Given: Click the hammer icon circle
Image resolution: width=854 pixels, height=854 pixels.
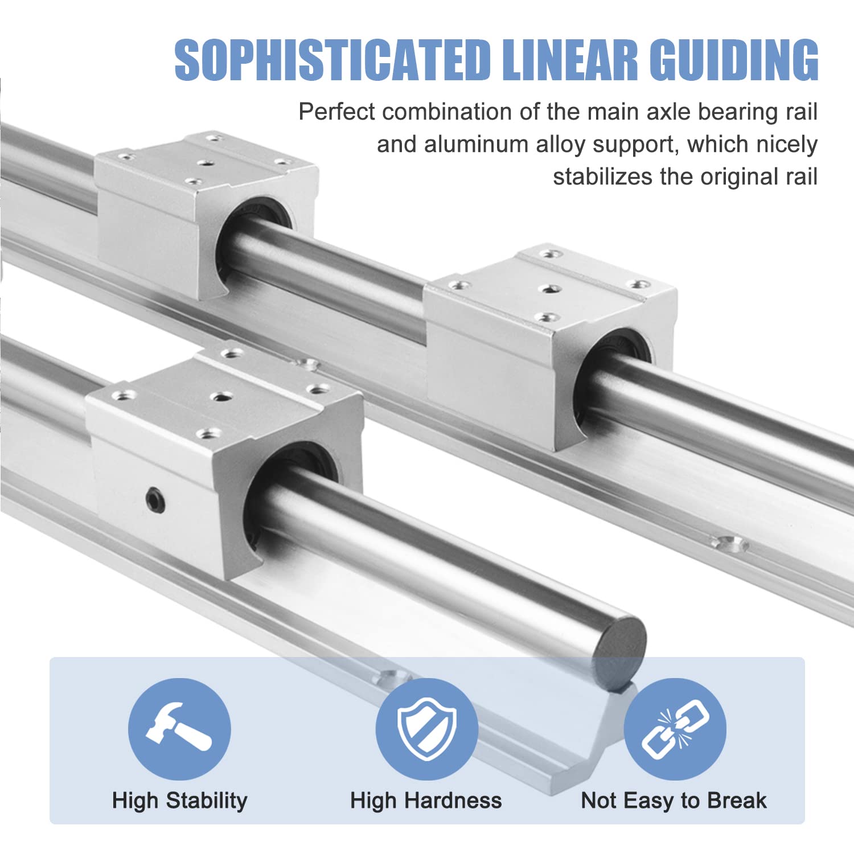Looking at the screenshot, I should pyautogui.click(x=179, y=729).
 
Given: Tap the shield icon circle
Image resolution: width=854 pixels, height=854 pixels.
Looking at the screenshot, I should pyautogui.click(x=426, y=729).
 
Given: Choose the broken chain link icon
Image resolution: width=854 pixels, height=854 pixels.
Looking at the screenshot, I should pyautogui.click(x=675, y=729).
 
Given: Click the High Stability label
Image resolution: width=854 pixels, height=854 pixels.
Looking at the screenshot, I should pyautogui.click(x=179, y=800).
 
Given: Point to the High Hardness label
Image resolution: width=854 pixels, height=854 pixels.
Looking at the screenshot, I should pyautogui.click(x=426, y=800).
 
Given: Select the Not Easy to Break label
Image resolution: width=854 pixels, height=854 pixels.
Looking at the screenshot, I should pyautogui.click(x=674, y=800).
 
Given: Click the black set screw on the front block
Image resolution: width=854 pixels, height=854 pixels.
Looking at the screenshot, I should pyautogui.click(x=154, y=500).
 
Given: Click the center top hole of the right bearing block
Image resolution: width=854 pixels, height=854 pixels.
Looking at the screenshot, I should pyautogui.click(x=549, y=289).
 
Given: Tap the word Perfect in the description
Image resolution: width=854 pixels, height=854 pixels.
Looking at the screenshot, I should pyautogui.click(x=336, y=112).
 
